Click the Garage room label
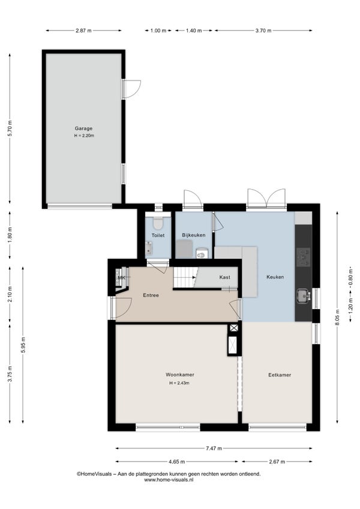83,128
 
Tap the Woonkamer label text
180,375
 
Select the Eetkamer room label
280,375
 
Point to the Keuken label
275,277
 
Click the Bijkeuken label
193,235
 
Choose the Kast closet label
224,277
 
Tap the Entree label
151,295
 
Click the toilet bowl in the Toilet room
158,222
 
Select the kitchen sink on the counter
303,296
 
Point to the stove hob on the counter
304,257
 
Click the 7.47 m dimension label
214,448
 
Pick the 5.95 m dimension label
23,345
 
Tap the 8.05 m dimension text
337,318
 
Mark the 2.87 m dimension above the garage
83,31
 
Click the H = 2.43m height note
179,383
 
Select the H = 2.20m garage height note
84,136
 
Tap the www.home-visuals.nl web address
169,480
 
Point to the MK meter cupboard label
121,277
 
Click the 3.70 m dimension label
263,31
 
